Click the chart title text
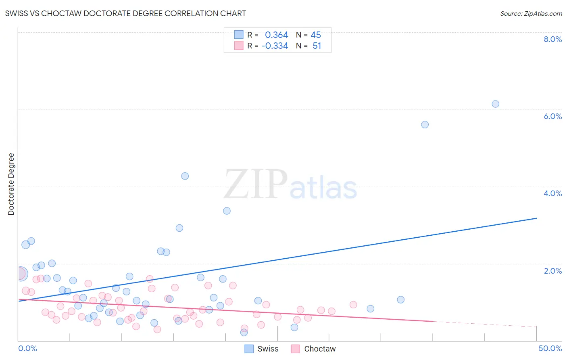tap(125, 13)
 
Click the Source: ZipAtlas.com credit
tap(531, 14)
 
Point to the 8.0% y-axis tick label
tap(552, 39)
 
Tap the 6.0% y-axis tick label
tap(552, 116)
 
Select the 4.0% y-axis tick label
tap(552, 193)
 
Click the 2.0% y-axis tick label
tap(552, 271)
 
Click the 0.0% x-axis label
tap(27, 348)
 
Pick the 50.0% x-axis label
tap(550, 348)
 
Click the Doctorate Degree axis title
tap(11, 184)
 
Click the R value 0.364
tap(276, 35)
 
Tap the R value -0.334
tap(275, 46)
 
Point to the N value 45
tap(316, 35)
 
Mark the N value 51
tap(317, 46)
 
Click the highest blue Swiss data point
tap(495, 104)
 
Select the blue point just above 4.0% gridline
tap(185, 176)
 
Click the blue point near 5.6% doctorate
tap(425, 125)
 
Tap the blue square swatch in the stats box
tap(239, 35)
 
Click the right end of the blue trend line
tap(536, 218)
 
